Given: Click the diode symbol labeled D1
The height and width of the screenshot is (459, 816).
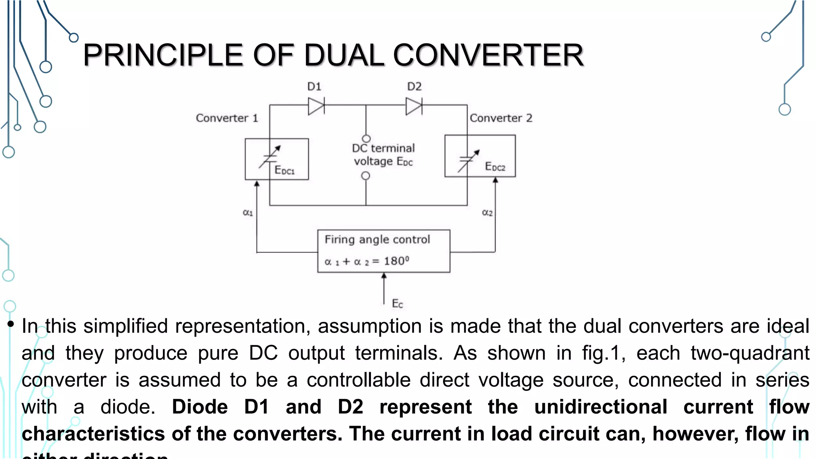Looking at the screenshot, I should [316, 106].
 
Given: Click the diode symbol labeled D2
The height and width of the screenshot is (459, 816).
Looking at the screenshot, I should [414, 106].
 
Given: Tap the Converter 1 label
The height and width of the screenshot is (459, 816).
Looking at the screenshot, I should [227, 118].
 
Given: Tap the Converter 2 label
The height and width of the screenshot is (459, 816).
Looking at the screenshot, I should [501, 118].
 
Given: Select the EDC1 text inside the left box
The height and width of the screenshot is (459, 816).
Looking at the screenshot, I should [284, 171].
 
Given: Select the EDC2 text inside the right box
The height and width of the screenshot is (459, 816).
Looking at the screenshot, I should [495, 167].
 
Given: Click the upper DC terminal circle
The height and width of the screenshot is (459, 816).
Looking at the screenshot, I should [366, 138].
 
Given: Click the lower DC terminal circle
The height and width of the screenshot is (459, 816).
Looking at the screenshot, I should [365, 176].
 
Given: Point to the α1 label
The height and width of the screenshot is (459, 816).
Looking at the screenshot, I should [248, 213].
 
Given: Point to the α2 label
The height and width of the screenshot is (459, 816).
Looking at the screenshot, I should [487, 213].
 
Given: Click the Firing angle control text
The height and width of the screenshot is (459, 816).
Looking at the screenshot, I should [377, 239].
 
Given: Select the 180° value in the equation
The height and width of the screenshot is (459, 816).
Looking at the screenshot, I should [396, 261].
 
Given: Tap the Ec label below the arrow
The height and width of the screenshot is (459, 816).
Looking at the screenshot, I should [397, 304].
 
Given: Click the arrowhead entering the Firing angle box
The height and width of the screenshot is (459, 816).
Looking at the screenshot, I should [384, 276].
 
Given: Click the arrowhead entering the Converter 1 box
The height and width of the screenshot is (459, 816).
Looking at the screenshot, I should [257, 184].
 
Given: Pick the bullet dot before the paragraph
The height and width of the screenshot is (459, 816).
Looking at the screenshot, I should [11, 324].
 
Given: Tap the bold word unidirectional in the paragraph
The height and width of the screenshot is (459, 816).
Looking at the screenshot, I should [600, 407].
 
